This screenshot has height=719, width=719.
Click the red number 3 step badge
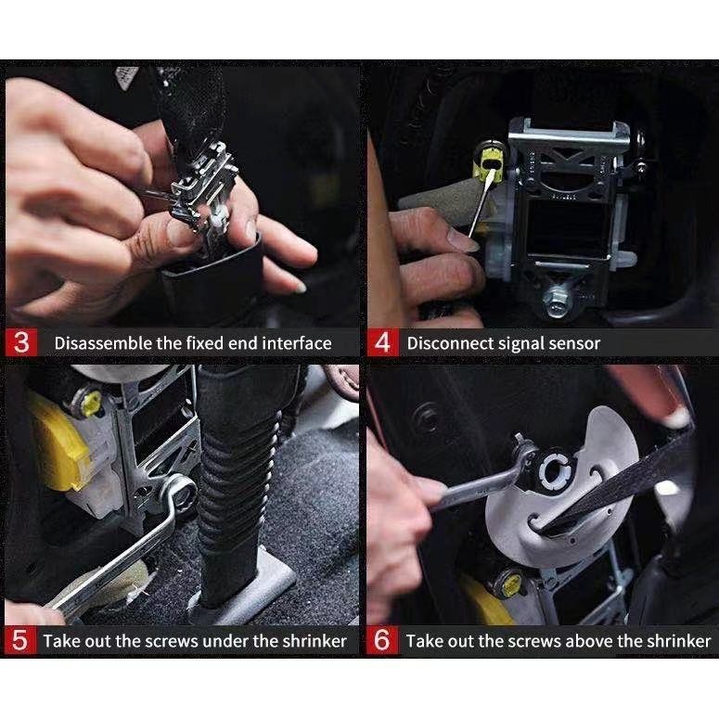click(21, 342)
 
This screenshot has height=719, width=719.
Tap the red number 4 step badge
click(382, 342)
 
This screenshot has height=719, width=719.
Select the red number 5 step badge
click(19, 640)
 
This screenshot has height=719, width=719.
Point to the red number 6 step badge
click(382, 640)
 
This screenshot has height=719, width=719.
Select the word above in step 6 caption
click(590, 640)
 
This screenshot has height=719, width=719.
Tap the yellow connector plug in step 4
click(488, 160)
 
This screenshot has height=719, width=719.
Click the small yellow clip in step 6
click(510, 584)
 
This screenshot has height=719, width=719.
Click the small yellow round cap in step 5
click(90, 402)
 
